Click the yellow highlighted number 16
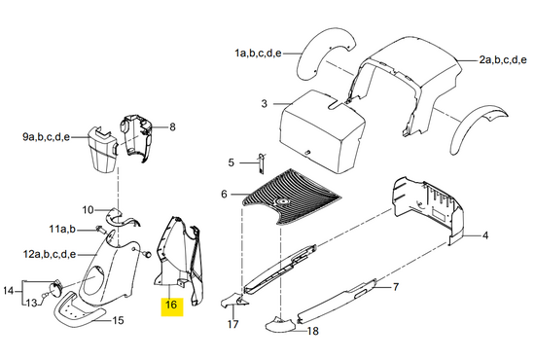tap(171, 305)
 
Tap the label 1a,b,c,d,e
tap(258, 54)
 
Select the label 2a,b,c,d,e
tap(503, 60)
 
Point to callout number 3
tap(264, 103)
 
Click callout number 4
tap(484, 235)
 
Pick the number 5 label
tap(231, 162)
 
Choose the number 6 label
tap(224, 195)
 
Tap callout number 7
tap(396, 287)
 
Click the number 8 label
tap(172, 126)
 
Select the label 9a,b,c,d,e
tap(46, 137)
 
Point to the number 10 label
tap(88, 209)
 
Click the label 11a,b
tap(62, 229)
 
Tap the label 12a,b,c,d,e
tap(50, 255)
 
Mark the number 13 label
tap(31, 303)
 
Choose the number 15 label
tap(118, 320)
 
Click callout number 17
tap(232, 324)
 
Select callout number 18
tap(313, 331)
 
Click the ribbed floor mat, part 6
tap(290, 198)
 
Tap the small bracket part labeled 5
tap(262, 163)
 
